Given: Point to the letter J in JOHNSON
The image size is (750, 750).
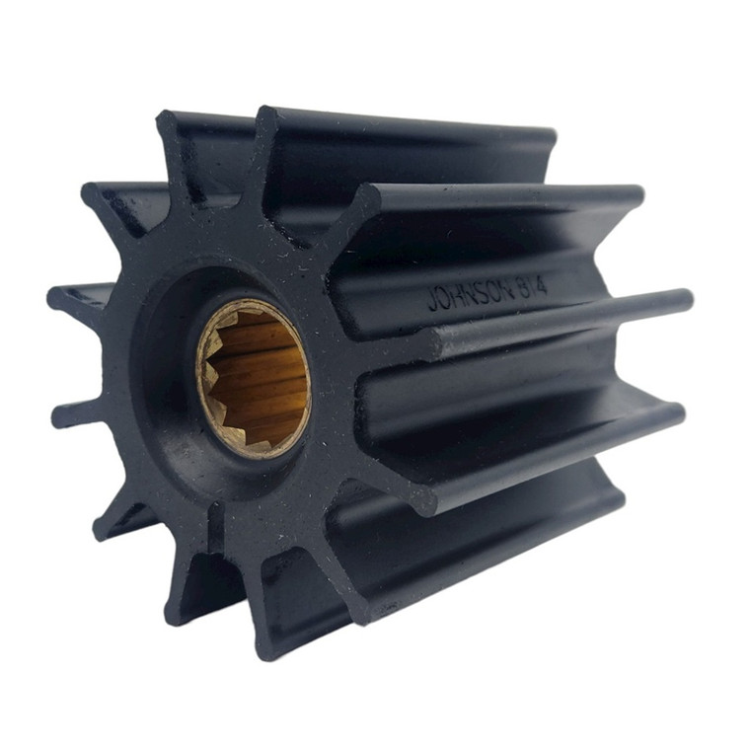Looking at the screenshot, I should click(431, 300).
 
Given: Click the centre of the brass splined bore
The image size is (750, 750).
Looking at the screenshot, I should click(255, 378).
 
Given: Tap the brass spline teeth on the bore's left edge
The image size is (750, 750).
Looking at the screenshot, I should click(209, 375).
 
